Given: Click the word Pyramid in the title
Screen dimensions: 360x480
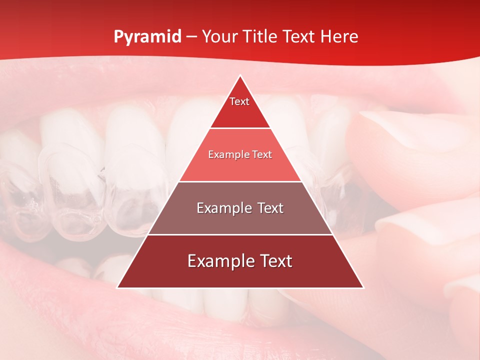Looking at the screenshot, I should tap(147, 37).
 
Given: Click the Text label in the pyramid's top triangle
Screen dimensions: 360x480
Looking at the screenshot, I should tap(239, 101).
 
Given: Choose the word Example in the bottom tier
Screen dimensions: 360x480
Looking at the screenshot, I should tap(221, 261).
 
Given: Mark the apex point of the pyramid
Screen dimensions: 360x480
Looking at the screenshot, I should tap(240, 75).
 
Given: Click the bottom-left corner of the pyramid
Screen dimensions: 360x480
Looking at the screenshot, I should tap(117, 287).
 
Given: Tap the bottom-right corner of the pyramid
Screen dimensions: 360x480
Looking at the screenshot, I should tap(363, 287).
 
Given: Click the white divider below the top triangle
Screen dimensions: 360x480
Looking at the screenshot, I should tap(240, 128).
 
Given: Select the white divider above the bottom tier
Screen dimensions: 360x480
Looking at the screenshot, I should tap(240, 234).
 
